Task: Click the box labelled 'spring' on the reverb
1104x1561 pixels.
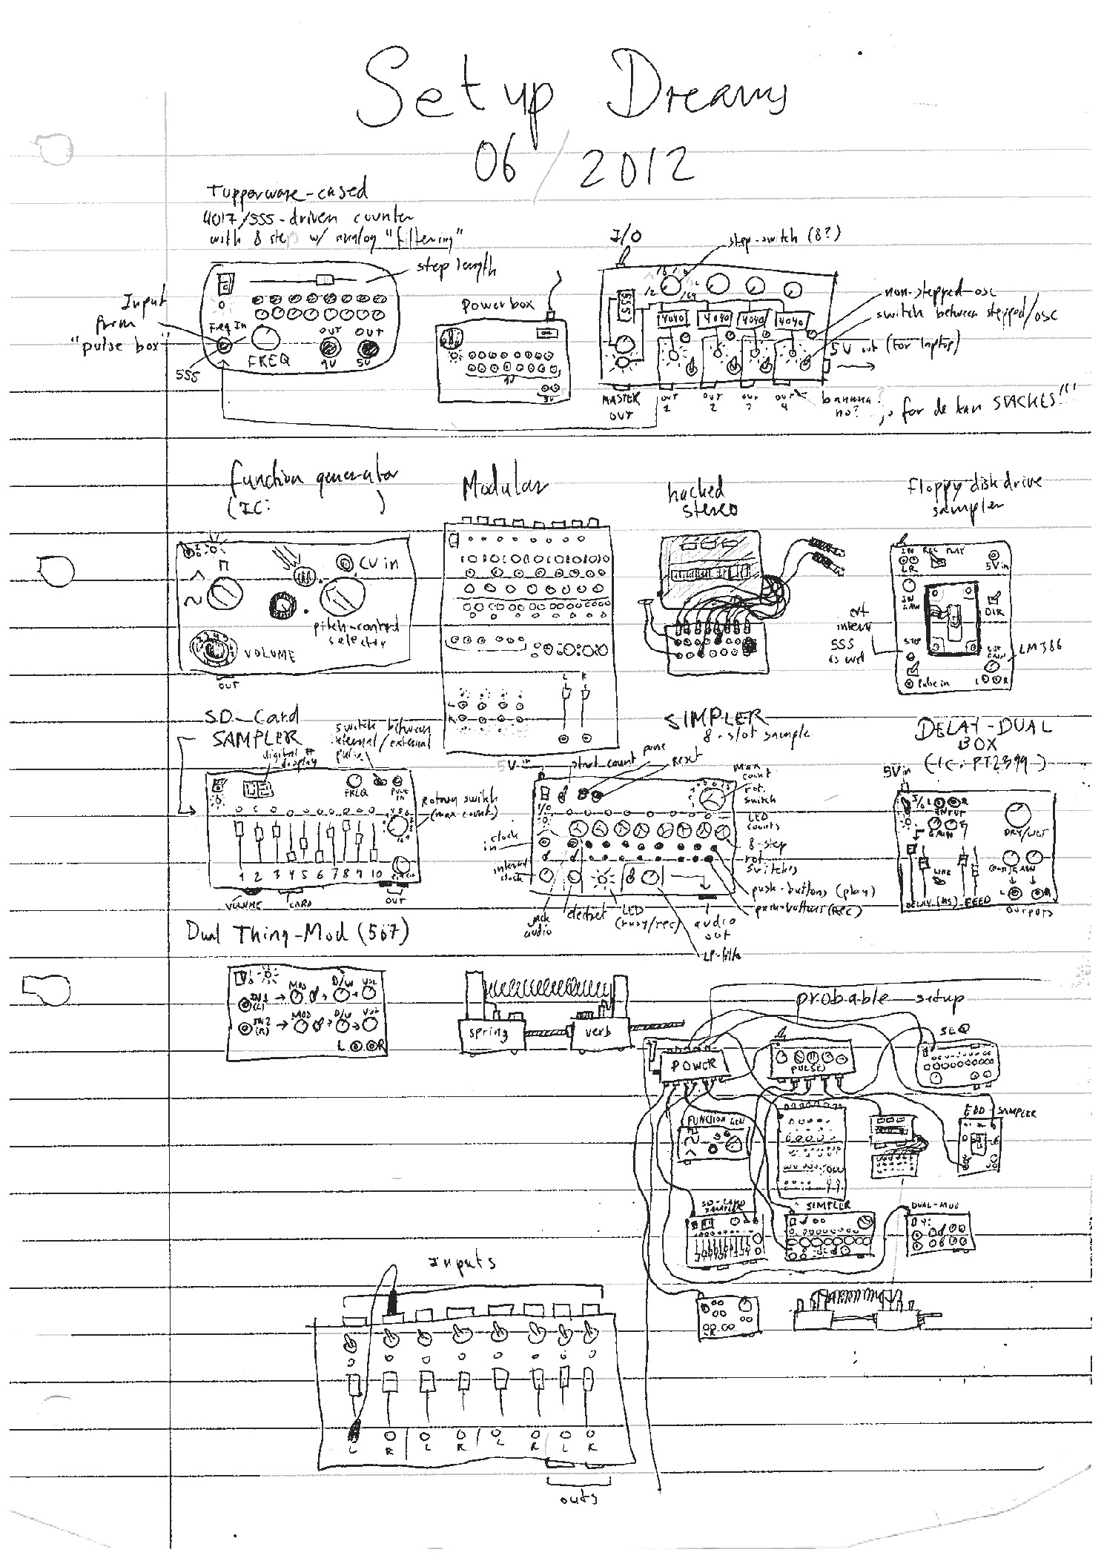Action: click(488, 1033)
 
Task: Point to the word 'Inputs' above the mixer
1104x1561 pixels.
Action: click(463, 1262)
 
